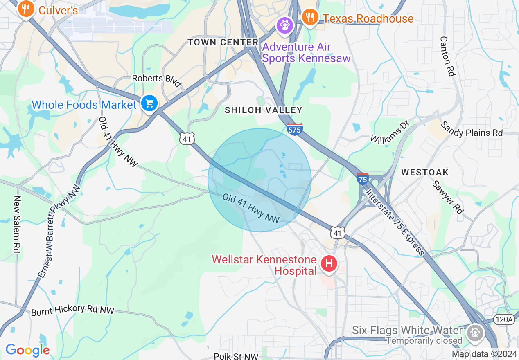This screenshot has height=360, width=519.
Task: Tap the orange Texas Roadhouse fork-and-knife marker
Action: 311,18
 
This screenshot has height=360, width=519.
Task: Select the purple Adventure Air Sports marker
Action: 284,25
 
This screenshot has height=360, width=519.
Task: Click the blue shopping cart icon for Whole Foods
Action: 149,103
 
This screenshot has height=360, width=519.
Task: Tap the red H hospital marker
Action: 329,263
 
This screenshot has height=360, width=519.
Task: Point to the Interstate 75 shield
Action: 363,178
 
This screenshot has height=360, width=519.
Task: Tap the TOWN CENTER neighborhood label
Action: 223,42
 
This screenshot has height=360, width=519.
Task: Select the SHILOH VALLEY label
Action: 264,110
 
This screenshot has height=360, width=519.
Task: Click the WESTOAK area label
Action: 425,172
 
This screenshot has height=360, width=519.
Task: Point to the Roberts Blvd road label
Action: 157,80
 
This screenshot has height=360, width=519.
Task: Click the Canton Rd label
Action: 447,56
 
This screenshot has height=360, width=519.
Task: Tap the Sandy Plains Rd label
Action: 472,129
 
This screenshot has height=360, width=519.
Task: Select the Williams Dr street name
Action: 390,132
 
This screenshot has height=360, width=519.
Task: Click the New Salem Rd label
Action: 17,223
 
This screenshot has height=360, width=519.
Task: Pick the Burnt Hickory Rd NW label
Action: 73,311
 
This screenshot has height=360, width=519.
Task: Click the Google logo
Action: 27,350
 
